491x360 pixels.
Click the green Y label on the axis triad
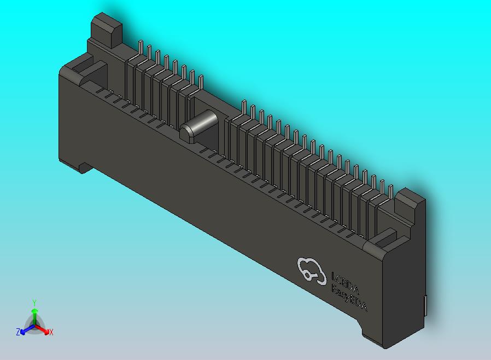(x=34, y=302)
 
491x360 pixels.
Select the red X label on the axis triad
(x=51, y=332)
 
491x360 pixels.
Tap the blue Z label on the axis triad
(x=17, y=332)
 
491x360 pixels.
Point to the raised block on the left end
(x=106, y=30)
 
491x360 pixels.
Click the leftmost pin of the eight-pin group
(x=141, y=50)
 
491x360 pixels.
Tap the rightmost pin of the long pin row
(x=390, y=191)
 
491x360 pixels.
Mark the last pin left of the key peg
(x=201, y=82)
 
